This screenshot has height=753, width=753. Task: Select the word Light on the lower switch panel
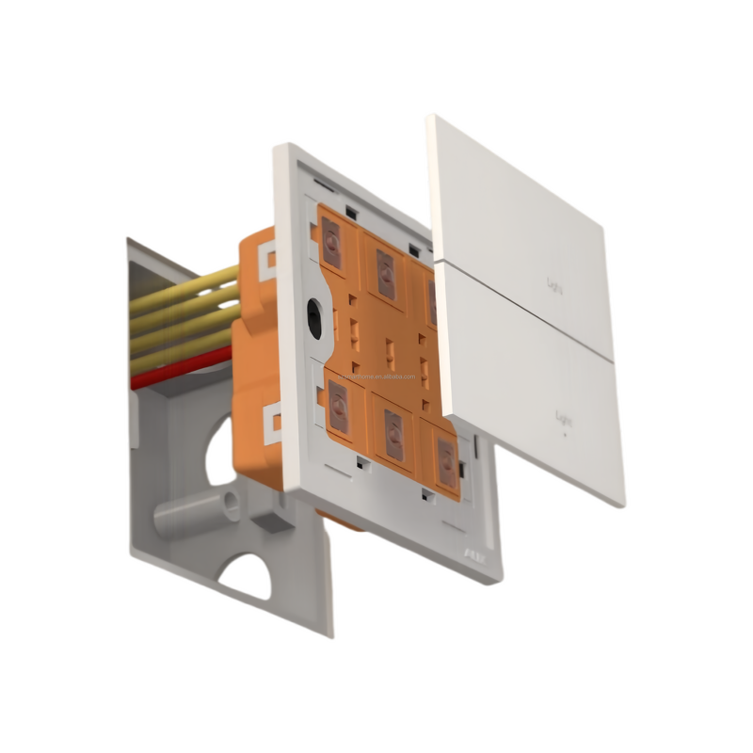point(564,415)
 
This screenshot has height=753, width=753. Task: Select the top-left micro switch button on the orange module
point(332,244)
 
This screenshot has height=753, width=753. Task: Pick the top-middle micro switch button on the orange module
point(385,272)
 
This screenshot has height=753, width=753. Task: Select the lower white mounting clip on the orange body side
point(269,422)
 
